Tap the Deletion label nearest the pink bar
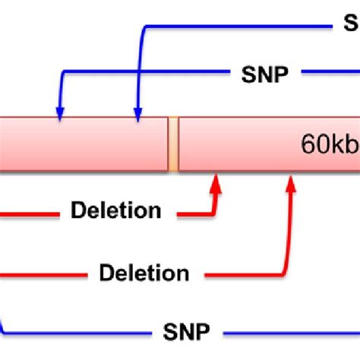(115, 210)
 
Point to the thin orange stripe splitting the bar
(173, 144)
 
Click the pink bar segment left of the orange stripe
(84, 144)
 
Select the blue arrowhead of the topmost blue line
(137, 113)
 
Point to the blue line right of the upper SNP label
(330, 74)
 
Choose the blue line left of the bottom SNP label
(76, 333)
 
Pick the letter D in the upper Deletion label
(77, 210)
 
